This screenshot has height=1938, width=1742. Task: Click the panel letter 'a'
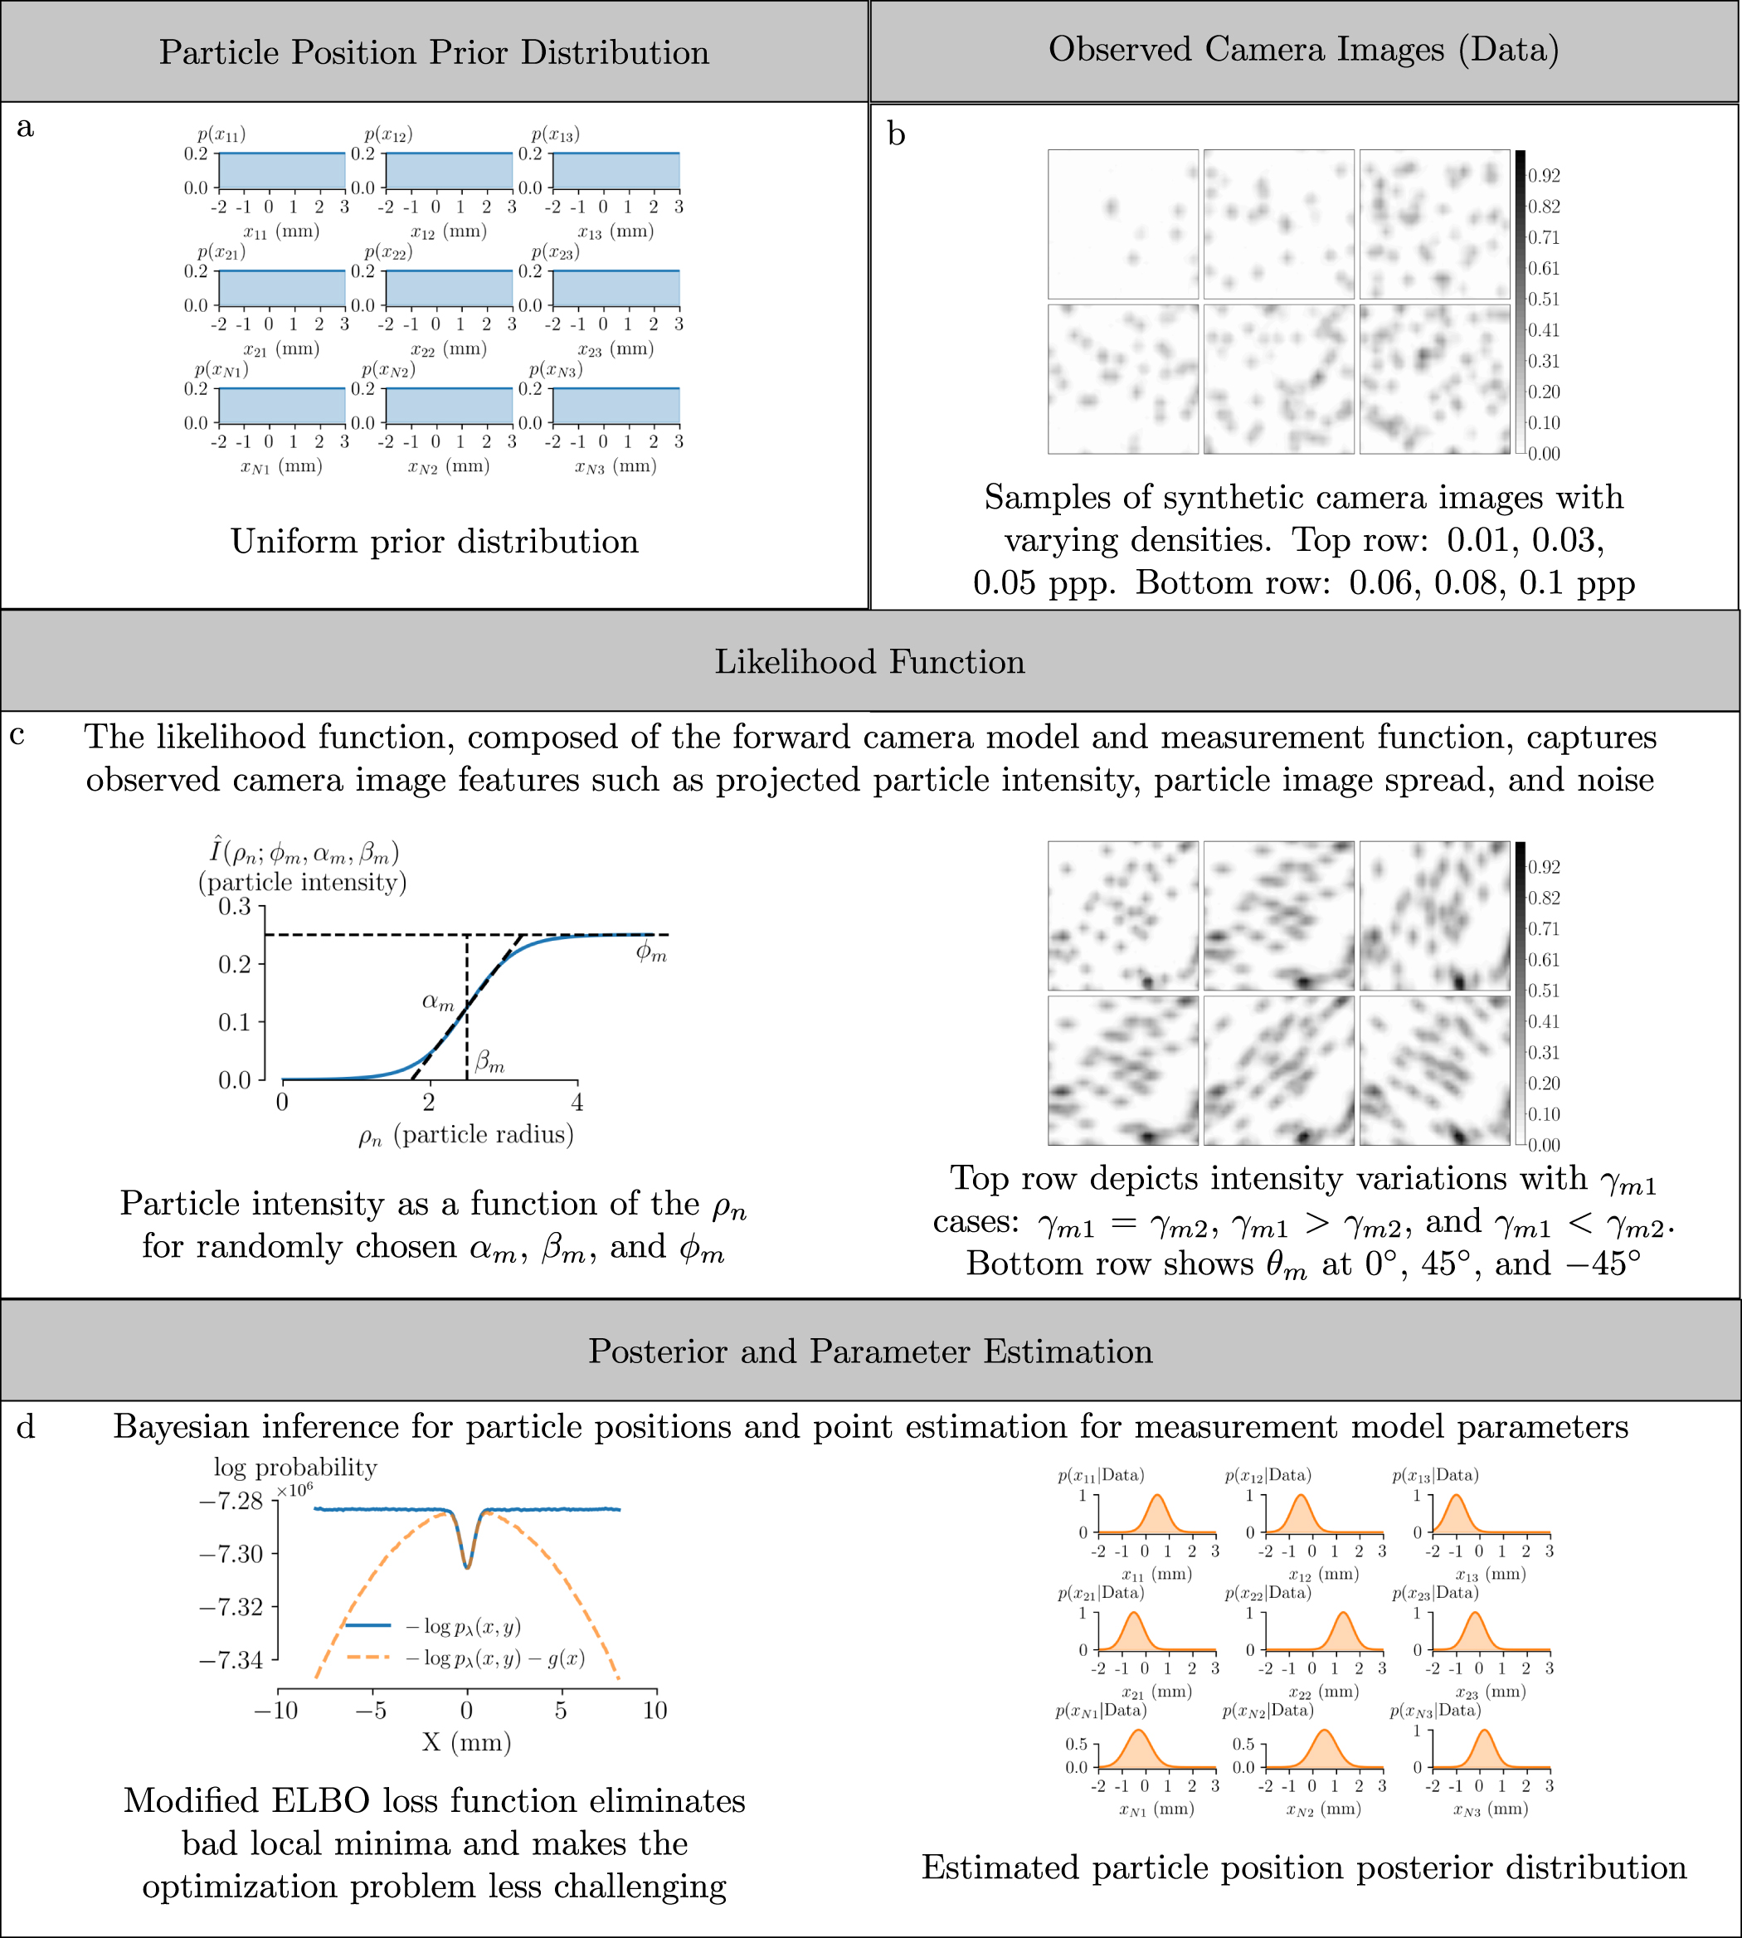(x=26, y=127)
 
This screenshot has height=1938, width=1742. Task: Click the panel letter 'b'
(x=896, y=135)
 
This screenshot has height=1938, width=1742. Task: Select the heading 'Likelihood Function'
(x=869, y=662)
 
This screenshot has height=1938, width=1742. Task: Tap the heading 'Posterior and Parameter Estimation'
(x=869, y=1351)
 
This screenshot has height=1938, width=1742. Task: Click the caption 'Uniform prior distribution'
(x=434, y=542)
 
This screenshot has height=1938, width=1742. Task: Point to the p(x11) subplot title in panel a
(x=221, y=135)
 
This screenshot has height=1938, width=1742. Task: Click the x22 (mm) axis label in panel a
(x=448, y=349)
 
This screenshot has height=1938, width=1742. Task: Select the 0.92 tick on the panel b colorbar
(x=1544, y=176)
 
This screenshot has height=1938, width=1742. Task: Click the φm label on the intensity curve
(x=652, y=953)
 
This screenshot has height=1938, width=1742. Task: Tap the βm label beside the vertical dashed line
(x=489, y=1061)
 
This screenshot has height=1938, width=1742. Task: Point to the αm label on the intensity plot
(x=438, y=1002)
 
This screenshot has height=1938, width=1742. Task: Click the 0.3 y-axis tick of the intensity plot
(x=235, y=906)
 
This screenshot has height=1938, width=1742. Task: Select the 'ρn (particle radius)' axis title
(x=465, y=1136)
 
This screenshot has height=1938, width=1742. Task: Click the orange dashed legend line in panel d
(x=367, y=1657)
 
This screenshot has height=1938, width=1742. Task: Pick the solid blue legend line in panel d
(x=367, y=1625)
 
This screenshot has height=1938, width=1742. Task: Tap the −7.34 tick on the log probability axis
(x=231, y=1659)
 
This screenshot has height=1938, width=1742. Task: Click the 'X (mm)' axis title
(x=466, y=1742)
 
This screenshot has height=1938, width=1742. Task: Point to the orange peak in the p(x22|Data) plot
(x=1344, y=1614)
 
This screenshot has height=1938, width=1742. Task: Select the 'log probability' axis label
(x=294, y=1467)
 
